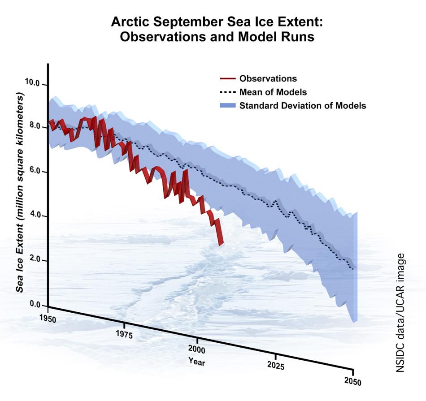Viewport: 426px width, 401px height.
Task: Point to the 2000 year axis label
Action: tap(196, 349)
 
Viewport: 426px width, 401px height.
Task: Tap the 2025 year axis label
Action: tap(274, 366)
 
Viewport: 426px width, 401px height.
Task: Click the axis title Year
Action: tap(197, 361)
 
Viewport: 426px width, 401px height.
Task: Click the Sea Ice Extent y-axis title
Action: tap(20, 193)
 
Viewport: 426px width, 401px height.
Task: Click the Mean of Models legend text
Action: tap(273, 92)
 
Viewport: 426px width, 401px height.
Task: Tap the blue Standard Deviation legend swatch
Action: tap(227, 106)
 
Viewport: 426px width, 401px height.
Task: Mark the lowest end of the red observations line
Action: tap(220, 244)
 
